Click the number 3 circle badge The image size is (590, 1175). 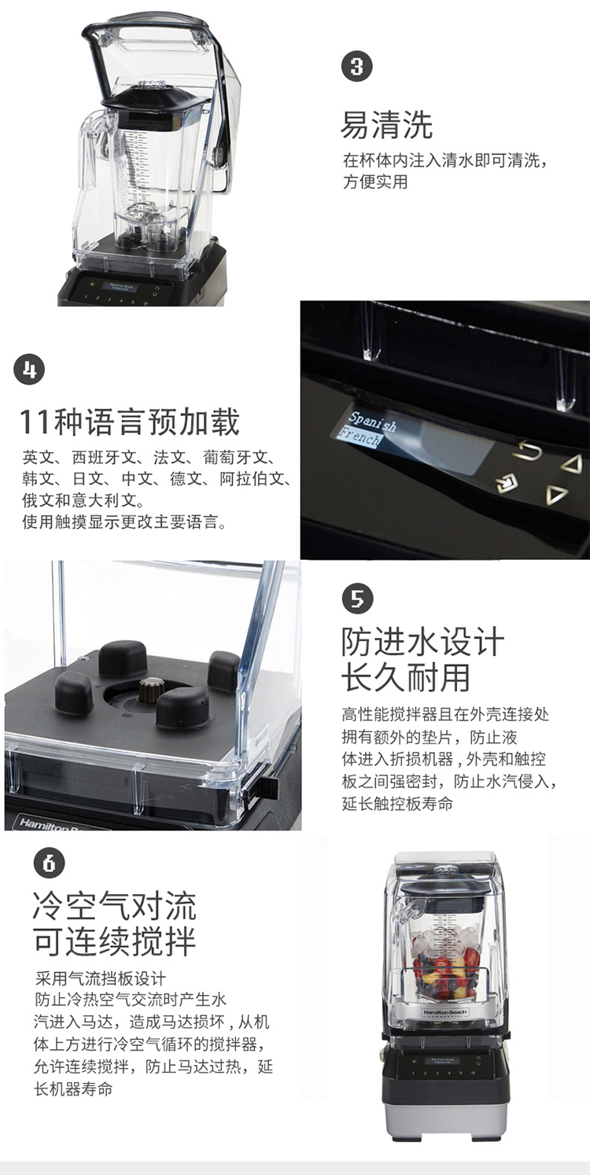(x=357, y=67)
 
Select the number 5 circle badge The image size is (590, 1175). (x=357, y=598)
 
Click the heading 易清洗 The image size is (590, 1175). (x=387, y=125)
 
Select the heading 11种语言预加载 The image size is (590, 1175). (x=129, y=422)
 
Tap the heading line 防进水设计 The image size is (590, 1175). (x=422, y=642)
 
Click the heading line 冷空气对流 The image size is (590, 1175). (x=114, y=905)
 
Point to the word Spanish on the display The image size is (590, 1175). (x=373, y=422)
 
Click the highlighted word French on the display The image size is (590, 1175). (x=359, y=436)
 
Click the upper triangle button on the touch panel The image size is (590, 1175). (x=572, y=464)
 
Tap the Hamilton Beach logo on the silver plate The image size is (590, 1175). (x=445, y=1011)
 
